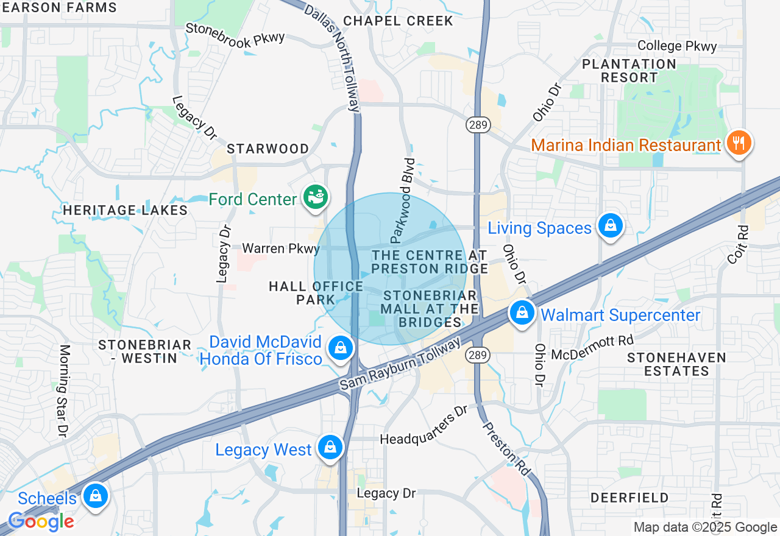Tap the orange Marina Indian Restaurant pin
pos(739,143)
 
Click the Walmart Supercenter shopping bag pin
pos(522,313)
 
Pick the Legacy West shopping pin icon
pos(330,447)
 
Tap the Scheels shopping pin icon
pos(95,495)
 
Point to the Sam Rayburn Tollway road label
pos(400,364)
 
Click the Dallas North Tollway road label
pos(333,57)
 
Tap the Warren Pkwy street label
pos(280,249)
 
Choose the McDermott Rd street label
pos(592,347)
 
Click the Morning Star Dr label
pos(64,390)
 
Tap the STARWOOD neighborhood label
pos(268,149)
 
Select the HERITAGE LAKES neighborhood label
pos(125,211)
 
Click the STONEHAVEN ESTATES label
pos(676,364)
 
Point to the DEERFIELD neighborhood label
pos(629,498)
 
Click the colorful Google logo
pos(41,522)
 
